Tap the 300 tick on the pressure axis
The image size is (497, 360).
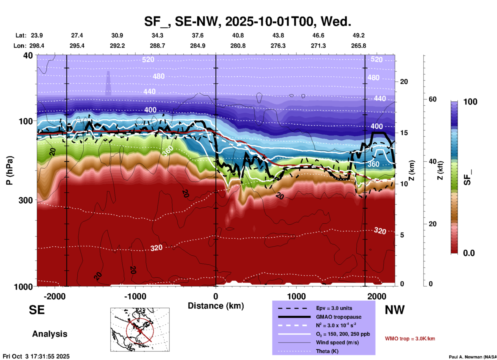pos(26,200)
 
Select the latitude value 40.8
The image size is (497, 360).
pos(238,35)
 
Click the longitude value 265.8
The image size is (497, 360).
pos(358,46)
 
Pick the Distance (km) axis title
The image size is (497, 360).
pos(216,306)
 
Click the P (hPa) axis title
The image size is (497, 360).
pos(10,170)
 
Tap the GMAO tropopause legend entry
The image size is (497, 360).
pos(339,317)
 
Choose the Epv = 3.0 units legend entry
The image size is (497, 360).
pos(334,308)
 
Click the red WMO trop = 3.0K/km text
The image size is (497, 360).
pos(410,339)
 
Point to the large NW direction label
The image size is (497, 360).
pos(395,310)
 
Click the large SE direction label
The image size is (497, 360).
pos(37,310)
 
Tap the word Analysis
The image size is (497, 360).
pos(50,334)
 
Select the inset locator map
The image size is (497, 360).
pos(140,329)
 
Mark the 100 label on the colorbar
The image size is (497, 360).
pos(470,102)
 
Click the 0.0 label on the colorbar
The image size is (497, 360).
pos(469,253)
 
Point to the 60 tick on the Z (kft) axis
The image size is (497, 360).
pos(432,99)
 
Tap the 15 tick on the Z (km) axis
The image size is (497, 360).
pos(404,133)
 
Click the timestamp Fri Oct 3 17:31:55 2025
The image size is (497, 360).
pos(36,356)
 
